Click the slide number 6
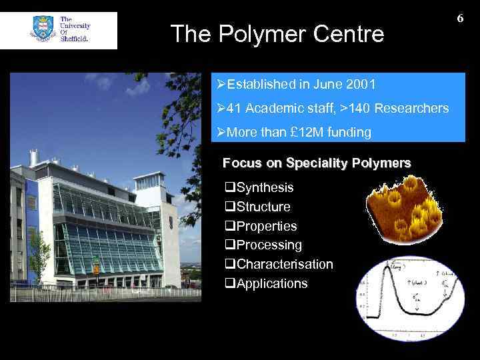(x=460, y=19)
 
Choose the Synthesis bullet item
(x=264, y=188)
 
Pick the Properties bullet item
(x=266, y=226)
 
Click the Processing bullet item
(x=269, y=245)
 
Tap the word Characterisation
(x=284, y=265)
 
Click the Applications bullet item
(x=271, y=284)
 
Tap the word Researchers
(x=413, y=108)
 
